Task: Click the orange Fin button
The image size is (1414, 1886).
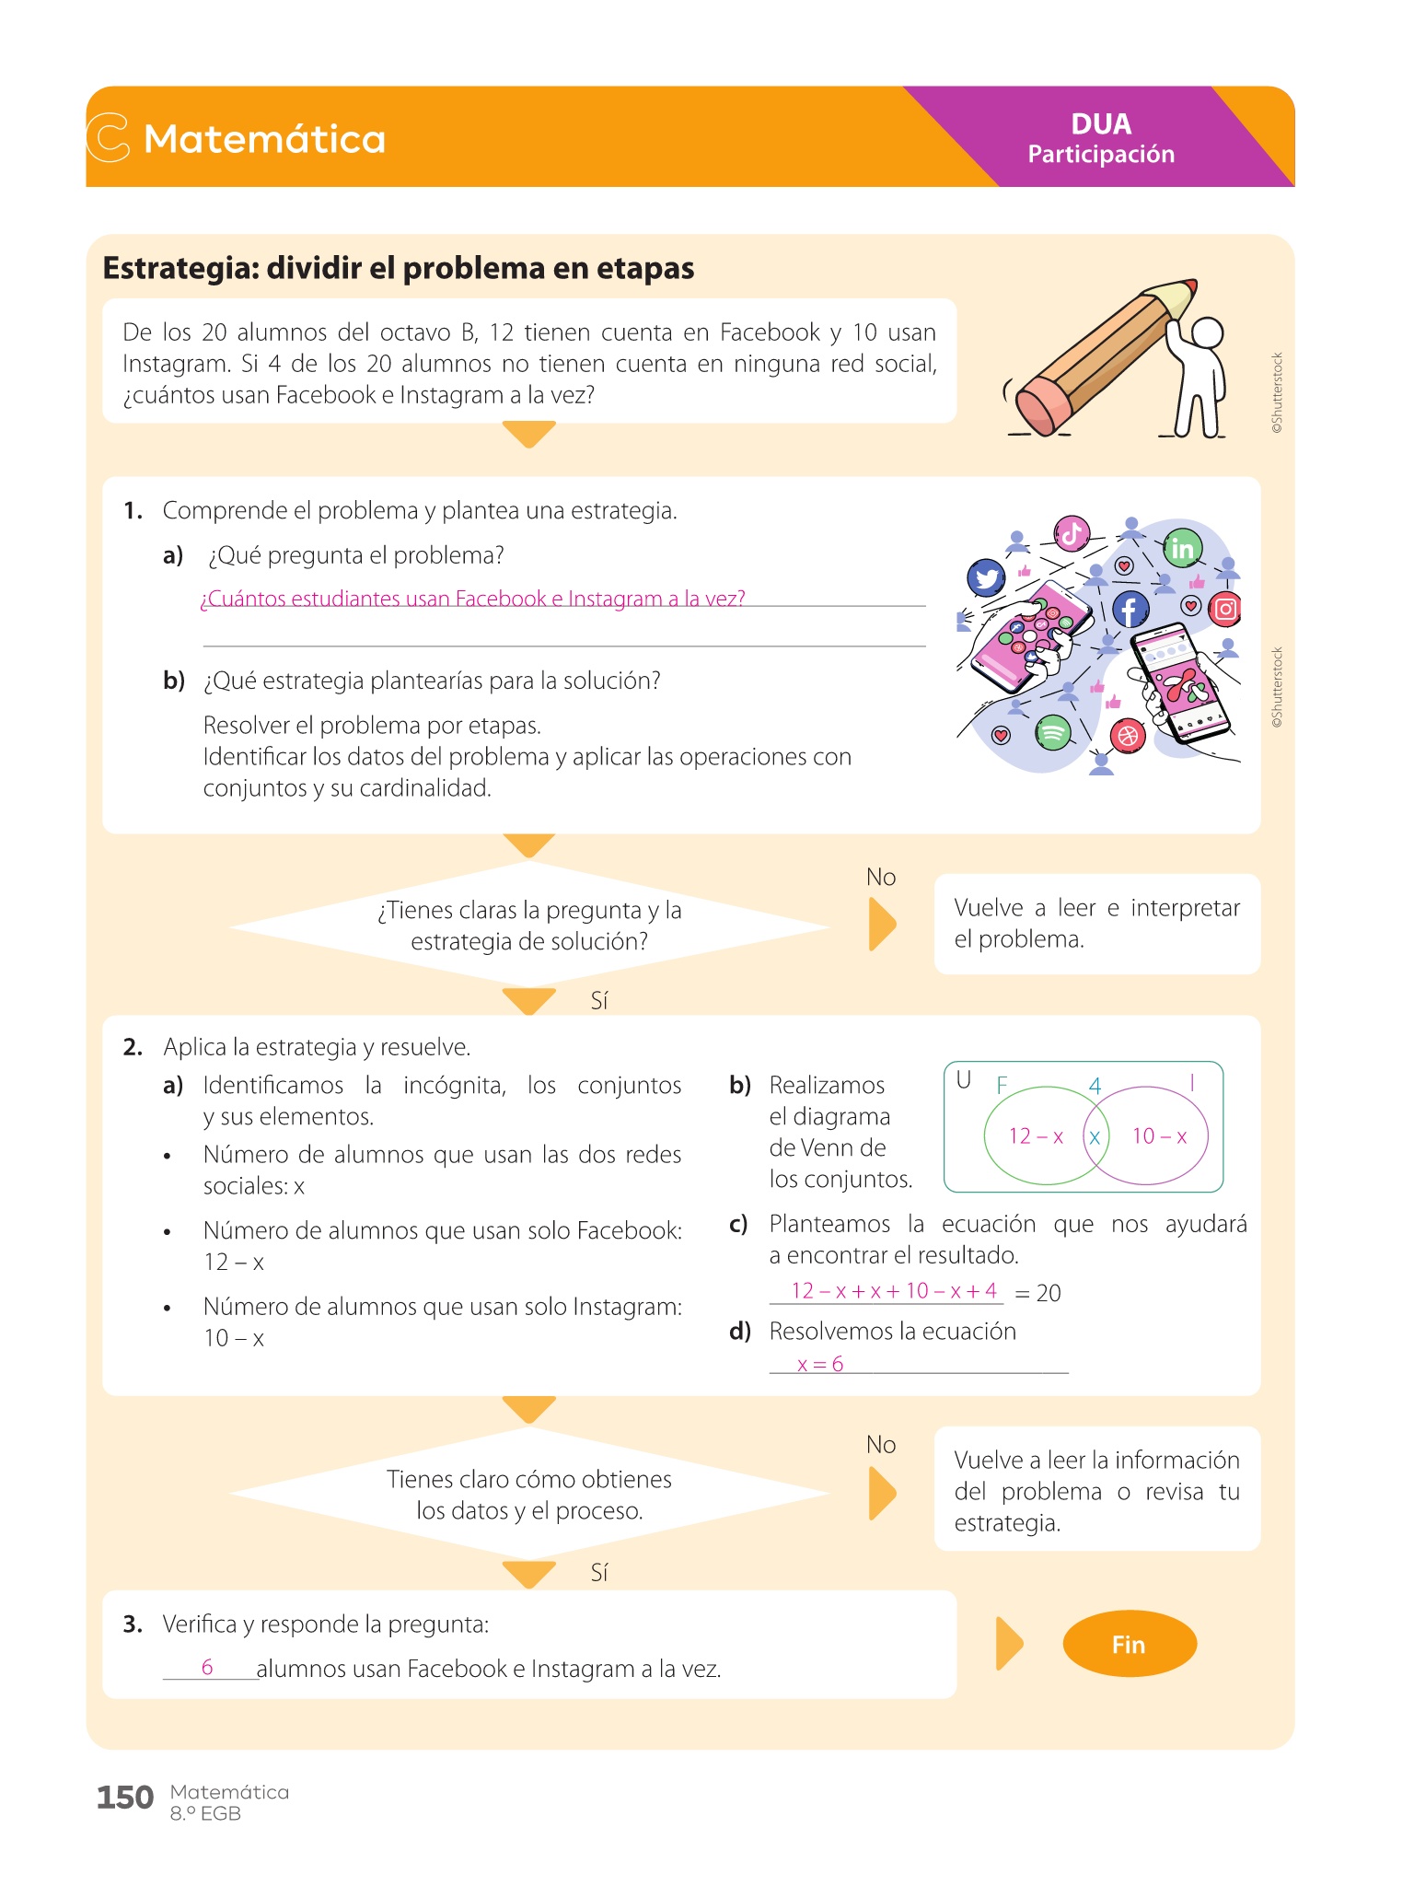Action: tap(1129, 1644)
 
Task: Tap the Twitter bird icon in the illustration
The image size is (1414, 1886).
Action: tap(986, 577)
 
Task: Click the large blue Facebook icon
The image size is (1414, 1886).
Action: tap(1130, 609)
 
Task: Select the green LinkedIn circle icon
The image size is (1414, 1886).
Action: tap(1181, 549)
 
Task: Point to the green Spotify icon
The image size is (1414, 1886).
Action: tap(1053, 733)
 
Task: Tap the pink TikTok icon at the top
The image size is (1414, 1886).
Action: tap(1072, 533)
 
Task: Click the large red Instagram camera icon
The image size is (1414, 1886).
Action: tap(1225, 609)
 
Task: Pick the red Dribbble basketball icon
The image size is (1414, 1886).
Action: tap(1128, 736)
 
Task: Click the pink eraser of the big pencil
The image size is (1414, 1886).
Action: tap(1042, 405)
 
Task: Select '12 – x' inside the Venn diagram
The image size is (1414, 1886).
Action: tap(1036, 1136)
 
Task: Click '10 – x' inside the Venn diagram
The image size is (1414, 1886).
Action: tap(1159, 1136)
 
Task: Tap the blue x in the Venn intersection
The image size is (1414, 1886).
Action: tap(1095, 1137)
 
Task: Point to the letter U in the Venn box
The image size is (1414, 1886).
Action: tap(964, 1080)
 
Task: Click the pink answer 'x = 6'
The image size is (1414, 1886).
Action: tap(820, 1364)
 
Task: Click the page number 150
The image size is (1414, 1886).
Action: tap(125, 1797)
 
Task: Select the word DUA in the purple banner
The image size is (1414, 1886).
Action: tap(1101, 124)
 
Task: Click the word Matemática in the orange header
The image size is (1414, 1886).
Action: tap(265, 139)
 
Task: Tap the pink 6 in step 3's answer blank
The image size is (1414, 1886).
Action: tap(207, 1667)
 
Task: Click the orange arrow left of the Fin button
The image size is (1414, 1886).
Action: tap(1009, 1644)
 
